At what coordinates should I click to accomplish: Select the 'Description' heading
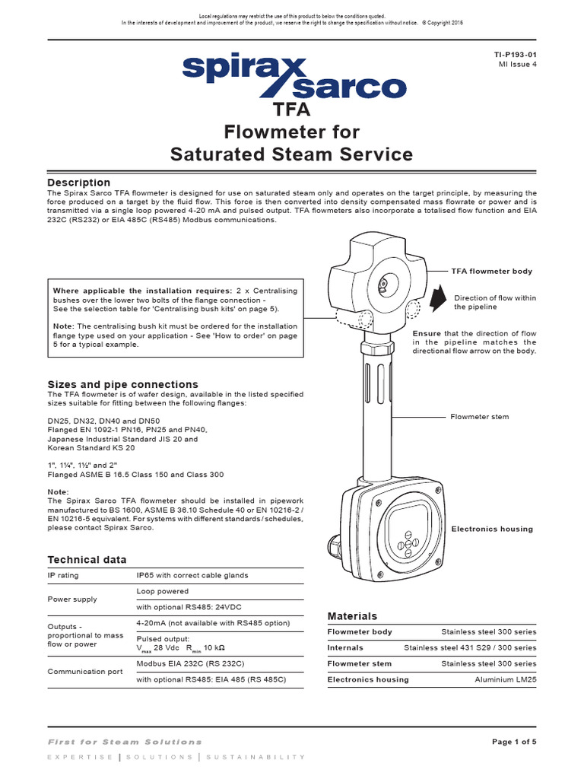78,183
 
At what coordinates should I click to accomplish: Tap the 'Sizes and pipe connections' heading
122,384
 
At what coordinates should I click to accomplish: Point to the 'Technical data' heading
87,559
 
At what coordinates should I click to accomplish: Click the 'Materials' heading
351,615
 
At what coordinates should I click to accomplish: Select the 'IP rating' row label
62,576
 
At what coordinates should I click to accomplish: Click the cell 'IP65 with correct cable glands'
192,576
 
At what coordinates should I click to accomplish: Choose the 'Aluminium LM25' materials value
505,679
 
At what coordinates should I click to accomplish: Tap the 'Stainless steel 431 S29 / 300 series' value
470,647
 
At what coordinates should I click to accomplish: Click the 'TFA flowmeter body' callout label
491,271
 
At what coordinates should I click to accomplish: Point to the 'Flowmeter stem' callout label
480,417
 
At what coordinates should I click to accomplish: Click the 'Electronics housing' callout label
492,529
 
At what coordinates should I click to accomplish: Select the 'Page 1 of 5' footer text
514,742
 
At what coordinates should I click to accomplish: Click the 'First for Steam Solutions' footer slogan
125,742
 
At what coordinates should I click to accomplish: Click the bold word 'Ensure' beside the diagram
427,333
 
